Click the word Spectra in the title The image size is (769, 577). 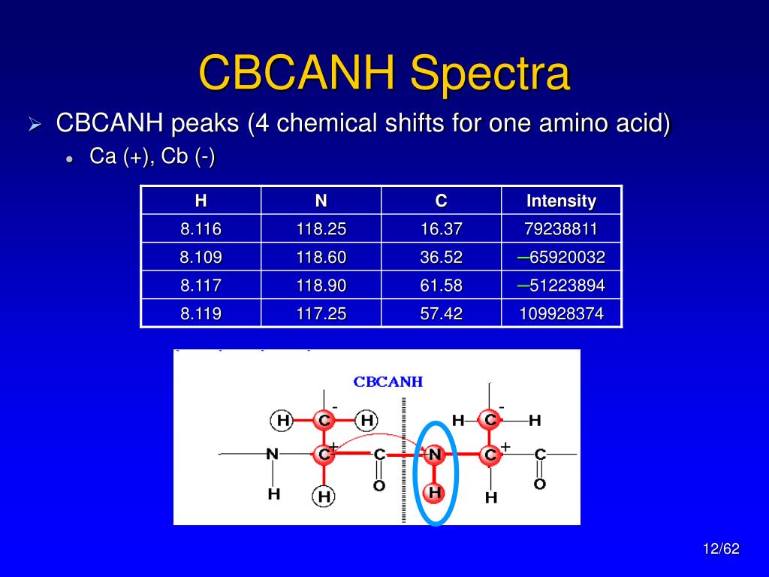point(490,73)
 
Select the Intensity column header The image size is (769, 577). point(561,201)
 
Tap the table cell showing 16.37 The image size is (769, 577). point(442,228)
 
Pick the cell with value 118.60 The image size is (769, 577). point(321,257)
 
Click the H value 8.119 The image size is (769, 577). point(201,313)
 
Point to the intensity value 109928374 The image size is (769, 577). point(561,313)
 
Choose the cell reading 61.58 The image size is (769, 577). point(442,285)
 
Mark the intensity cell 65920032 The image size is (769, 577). point(561,257)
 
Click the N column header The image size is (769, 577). point(321,201)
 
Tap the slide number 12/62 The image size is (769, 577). point(721,548)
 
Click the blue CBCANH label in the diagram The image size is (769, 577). point(388,382)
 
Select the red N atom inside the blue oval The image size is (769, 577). point(435,455)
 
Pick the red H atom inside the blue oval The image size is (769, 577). point(435,492)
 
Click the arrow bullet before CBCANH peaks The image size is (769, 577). point(35,124)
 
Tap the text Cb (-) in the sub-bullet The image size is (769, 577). point(188,156)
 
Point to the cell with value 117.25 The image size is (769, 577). point(321,313)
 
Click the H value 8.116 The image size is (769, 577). point(201,228)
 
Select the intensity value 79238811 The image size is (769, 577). point(561,228)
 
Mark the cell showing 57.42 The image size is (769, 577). point(442,313)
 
